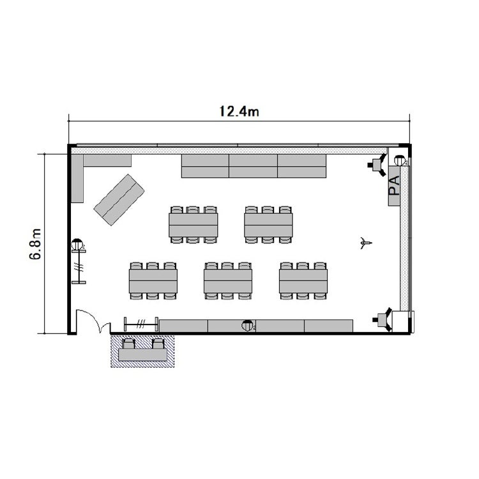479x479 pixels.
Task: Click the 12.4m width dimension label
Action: click(240, 112)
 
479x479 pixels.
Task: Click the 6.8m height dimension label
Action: click(35, 244)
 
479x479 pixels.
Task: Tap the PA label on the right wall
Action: click(394, 185)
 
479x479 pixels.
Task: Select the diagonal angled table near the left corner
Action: click(119, 200)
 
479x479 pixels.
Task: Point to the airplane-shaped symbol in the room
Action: click(365, 243)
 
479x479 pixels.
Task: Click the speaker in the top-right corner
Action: click(378, 165)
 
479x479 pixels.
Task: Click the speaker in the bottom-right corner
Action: click(383, 319)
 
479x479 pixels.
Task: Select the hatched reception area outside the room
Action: click(142, 351)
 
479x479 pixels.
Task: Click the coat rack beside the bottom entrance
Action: click(141, 324)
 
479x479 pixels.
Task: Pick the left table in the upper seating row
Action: click(193, 225)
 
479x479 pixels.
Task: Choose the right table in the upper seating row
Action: click(268, 225)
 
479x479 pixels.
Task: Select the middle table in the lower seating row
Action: click(228, 281)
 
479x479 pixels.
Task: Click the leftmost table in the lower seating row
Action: click(153, 281)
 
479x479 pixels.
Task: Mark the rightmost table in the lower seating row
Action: click(303, 281)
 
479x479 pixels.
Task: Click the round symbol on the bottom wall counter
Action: click(247, 326)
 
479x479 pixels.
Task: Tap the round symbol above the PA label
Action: click(400, 160)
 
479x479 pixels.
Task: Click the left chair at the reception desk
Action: click(128, 344)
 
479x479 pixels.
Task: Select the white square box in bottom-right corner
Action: click(400, 321)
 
